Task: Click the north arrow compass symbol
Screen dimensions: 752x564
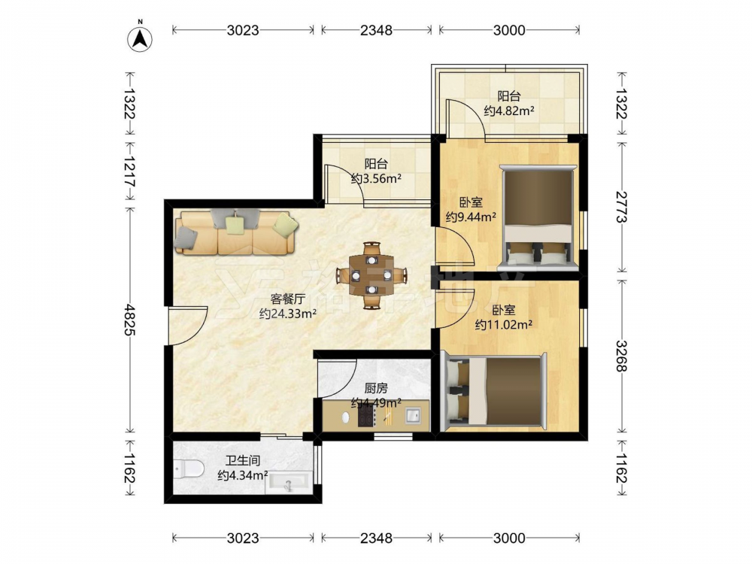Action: click(140, 38)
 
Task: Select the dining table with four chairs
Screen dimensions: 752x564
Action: click(371, 275)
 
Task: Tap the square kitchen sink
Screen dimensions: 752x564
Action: click(413, 415)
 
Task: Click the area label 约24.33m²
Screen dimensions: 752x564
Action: click(288, 314)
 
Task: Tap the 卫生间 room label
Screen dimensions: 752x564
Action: click(243, 461)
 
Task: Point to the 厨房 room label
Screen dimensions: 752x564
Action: click(376, 387)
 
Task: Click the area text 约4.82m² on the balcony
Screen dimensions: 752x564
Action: click(509, 111)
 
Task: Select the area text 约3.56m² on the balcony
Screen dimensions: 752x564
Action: click(376, 179)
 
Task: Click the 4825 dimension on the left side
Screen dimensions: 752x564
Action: click(129, 319)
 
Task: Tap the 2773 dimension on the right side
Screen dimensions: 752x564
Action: click(622, 207)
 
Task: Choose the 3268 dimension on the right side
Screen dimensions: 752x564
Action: click(622, 356)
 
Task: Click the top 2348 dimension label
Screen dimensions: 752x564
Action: click(376, 30)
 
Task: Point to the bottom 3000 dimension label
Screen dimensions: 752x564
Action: click(509, 538)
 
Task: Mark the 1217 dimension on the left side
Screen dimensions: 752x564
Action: click(129, 171)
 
